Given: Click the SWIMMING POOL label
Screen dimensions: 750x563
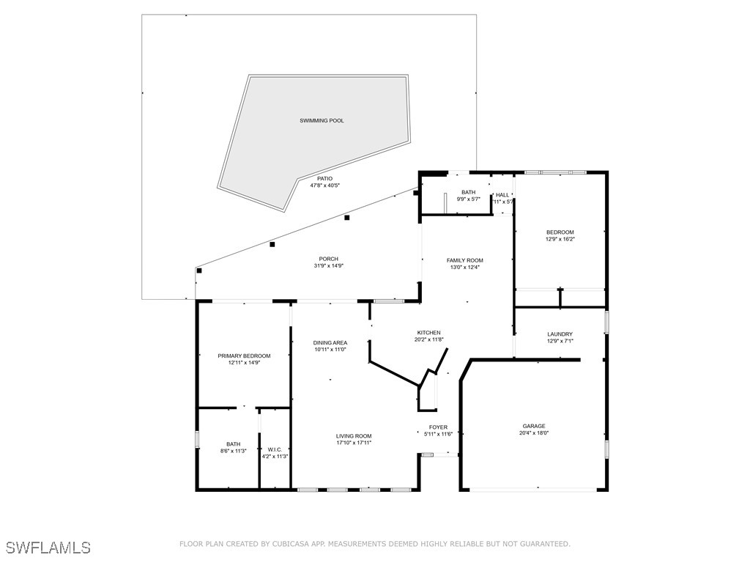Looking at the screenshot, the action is (x=322, y=121).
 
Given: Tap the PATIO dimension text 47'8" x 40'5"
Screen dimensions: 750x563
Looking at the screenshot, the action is (x=324, y=185).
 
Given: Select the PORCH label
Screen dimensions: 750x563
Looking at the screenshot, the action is (x=329, y=259).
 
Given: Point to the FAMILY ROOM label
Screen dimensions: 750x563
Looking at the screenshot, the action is (x=465, y=260).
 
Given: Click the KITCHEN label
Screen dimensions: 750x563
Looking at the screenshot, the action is (x=428, y=333).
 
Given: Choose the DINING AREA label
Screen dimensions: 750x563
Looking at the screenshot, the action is (x=330, y=343).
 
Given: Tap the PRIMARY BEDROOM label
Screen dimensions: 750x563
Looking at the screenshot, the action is (x=244, y=356).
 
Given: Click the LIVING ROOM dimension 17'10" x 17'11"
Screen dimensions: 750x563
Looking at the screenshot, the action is (x=354, y=443).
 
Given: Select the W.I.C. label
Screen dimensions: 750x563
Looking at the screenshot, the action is (x=275, y=449).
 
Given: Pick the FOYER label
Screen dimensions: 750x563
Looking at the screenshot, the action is (x=438, y=427).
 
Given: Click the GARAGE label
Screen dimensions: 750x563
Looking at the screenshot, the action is (x=534, y=426).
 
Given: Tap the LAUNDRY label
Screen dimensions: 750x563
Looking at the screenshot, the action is (x=560, y=334).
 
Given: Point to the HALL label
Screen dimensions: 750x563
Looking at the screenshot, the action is (x=502, y=195).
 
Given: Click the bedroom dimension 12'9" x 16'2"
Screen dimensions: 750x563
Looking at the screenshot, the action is (x=560, y=239).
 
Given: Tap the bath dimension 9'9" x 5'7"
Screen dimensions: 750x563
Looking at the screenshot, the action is (x=468, y=199).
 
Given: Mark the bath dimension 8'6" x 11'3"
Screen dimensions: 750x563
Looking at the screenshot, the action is (x=234, y=451).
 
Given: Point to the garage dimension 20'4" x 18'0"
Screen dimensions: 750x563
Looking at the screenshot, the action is (x=534, y=433).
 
